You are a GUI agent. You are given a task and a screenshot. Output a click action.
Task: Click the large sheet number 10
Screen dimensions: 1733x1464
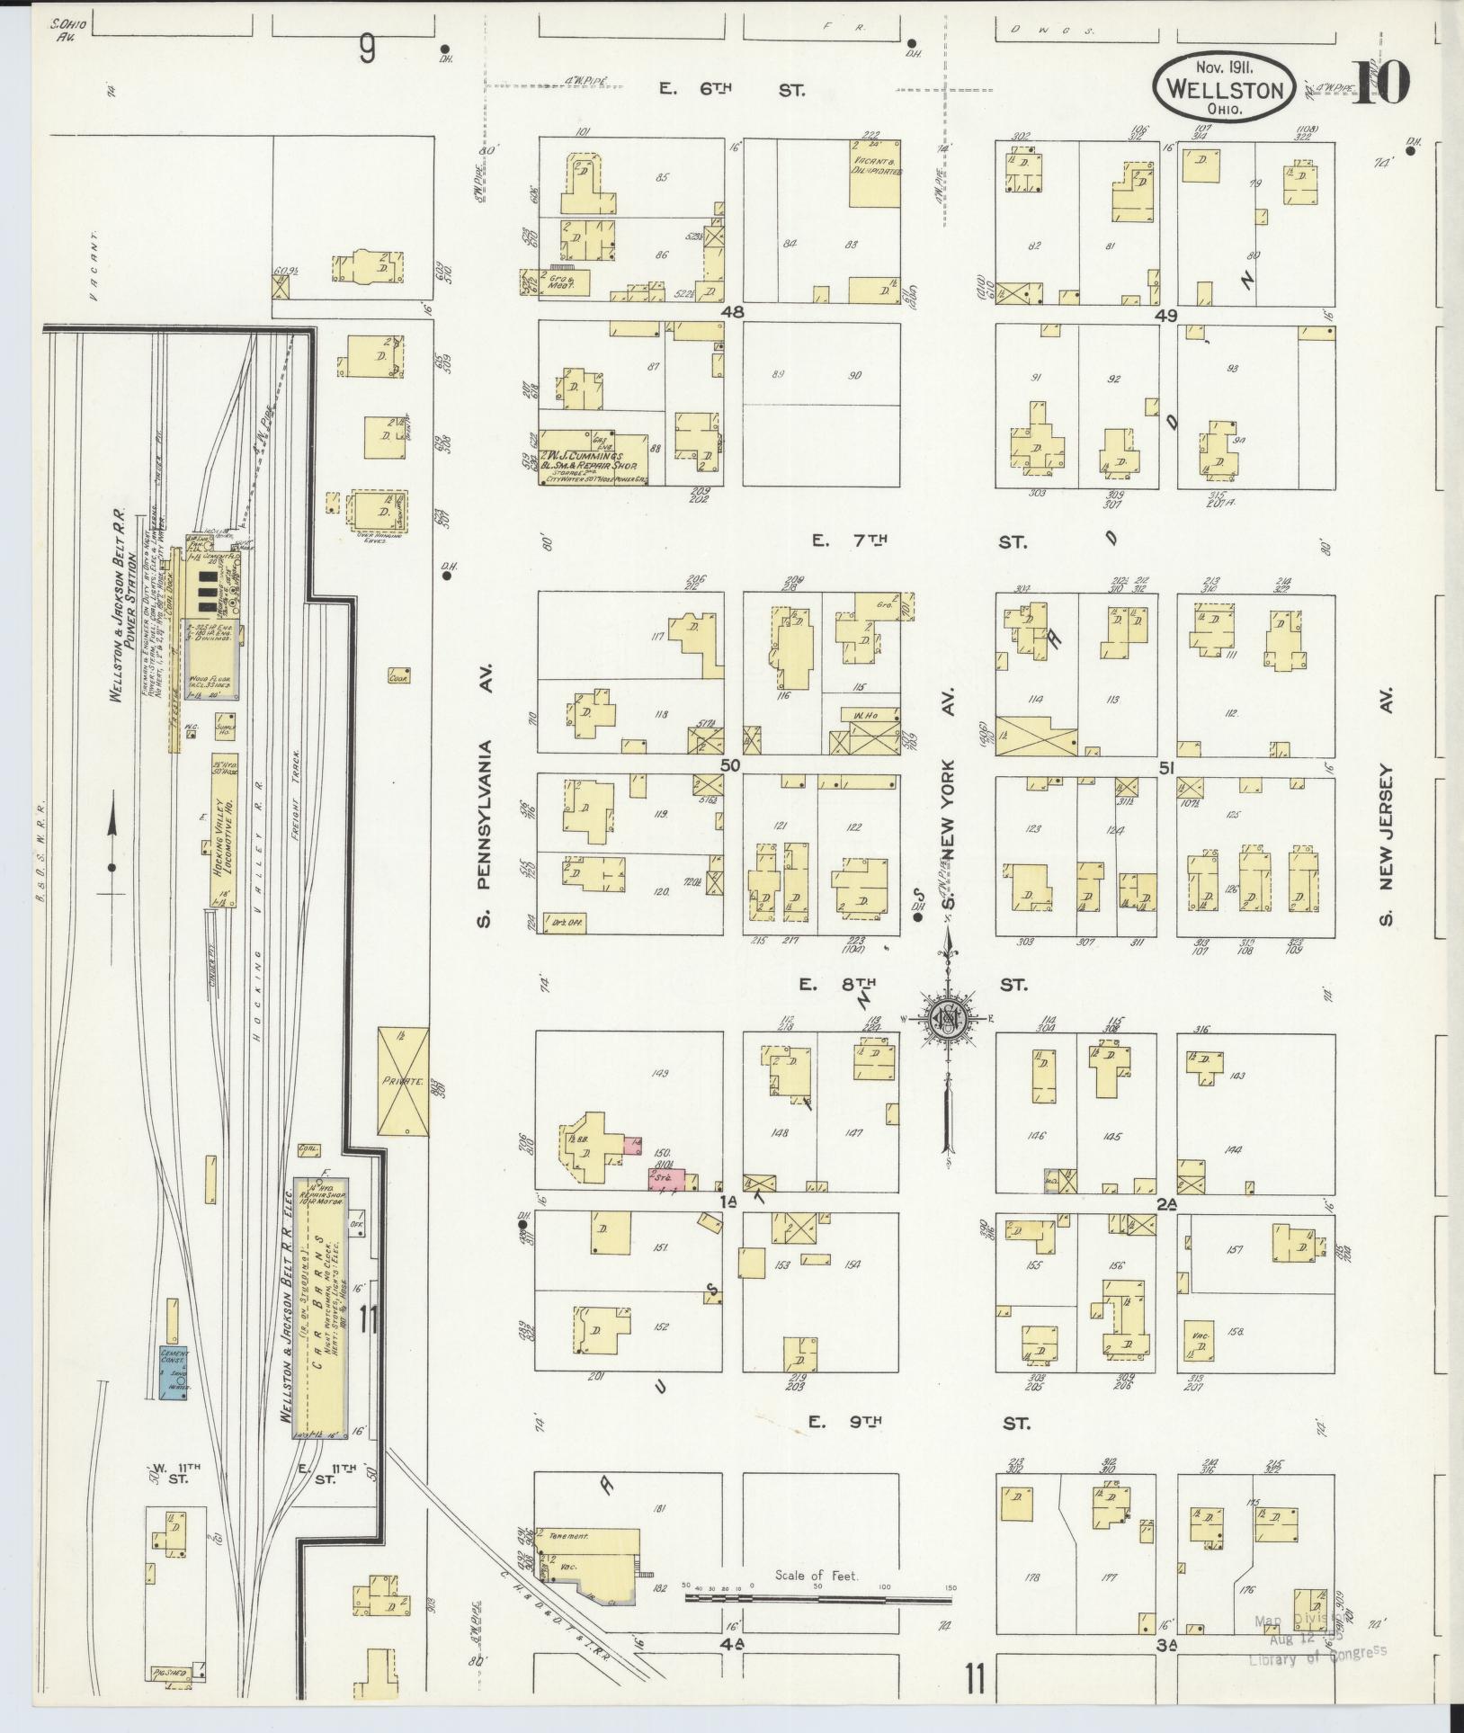tap(1380, 83)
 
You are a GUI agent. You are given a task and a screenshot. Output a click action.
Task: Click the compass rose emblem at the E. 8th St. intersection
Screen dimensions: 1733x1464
tap(950, 1017)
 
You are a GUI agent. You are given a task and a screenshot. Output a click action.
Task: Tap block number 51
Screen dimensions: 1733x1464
tap(1166, 766)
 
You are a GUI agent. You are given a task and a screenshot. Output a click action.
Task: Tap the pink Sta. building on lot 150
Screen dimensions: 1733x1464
tap(667, 1179)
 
